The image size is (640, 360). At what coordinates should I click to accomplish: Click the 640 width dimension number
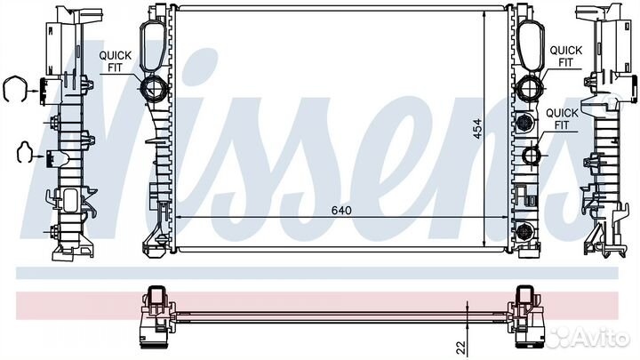coord(341,211)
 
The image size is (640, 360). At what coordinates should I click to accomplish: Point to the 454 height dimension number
coord(476,128)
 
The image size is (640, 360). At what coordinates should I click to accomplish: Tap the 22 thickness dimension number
coord(461,348)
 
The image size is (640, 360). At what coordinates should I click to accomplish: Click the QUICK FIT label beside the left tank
coord(116,61)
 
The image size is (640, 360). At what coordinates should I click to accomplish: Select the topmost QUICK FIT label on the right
coord(565,56)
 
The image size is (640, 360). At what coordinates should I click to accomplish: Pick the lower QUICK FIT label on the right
coord(562,119)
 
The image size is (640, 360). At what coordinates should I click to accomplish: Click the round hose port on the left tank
coord(154,88)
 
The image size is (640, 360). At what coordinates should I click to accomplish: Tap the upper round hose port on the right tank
coord(530,87)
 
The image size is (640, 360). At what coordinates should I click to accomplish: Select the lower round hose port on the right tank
coord(532,155)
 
